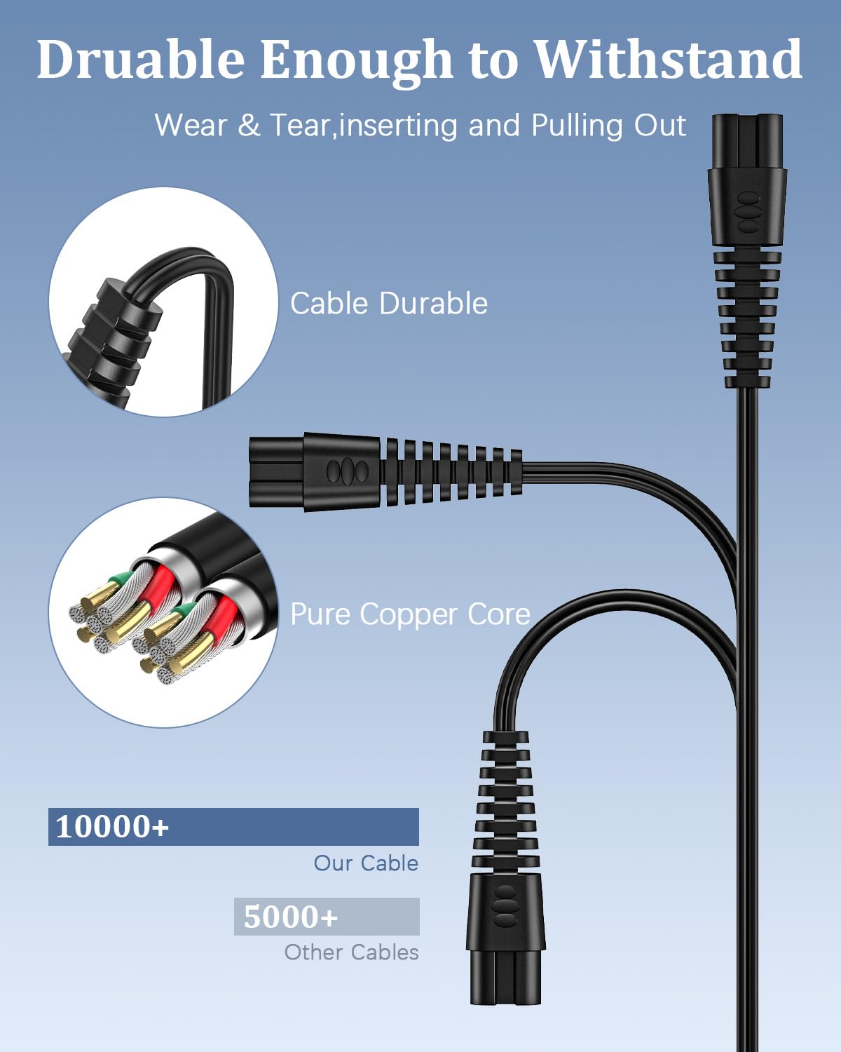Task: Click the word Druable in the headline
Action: tap(141, 59)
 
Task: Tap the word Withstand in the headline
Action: tap(668, 59)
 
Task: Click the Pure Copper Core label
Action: tap(411, 614)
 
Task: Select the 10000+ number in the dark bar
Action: tap(112, 827)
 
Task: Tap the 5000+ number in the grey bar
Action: tap(290, 917)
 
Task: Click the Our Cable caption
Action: tap(366, 863)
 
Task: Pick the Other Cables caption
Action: tap(352, 952)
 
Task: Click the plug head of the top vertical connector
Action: tap(747, 180)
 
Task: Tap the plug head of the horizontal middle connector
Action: tap(314, 472)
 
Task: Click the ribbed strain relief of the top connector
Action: tap(747, 318)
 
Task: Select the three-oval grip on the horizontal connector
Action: tap(348, 472)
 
